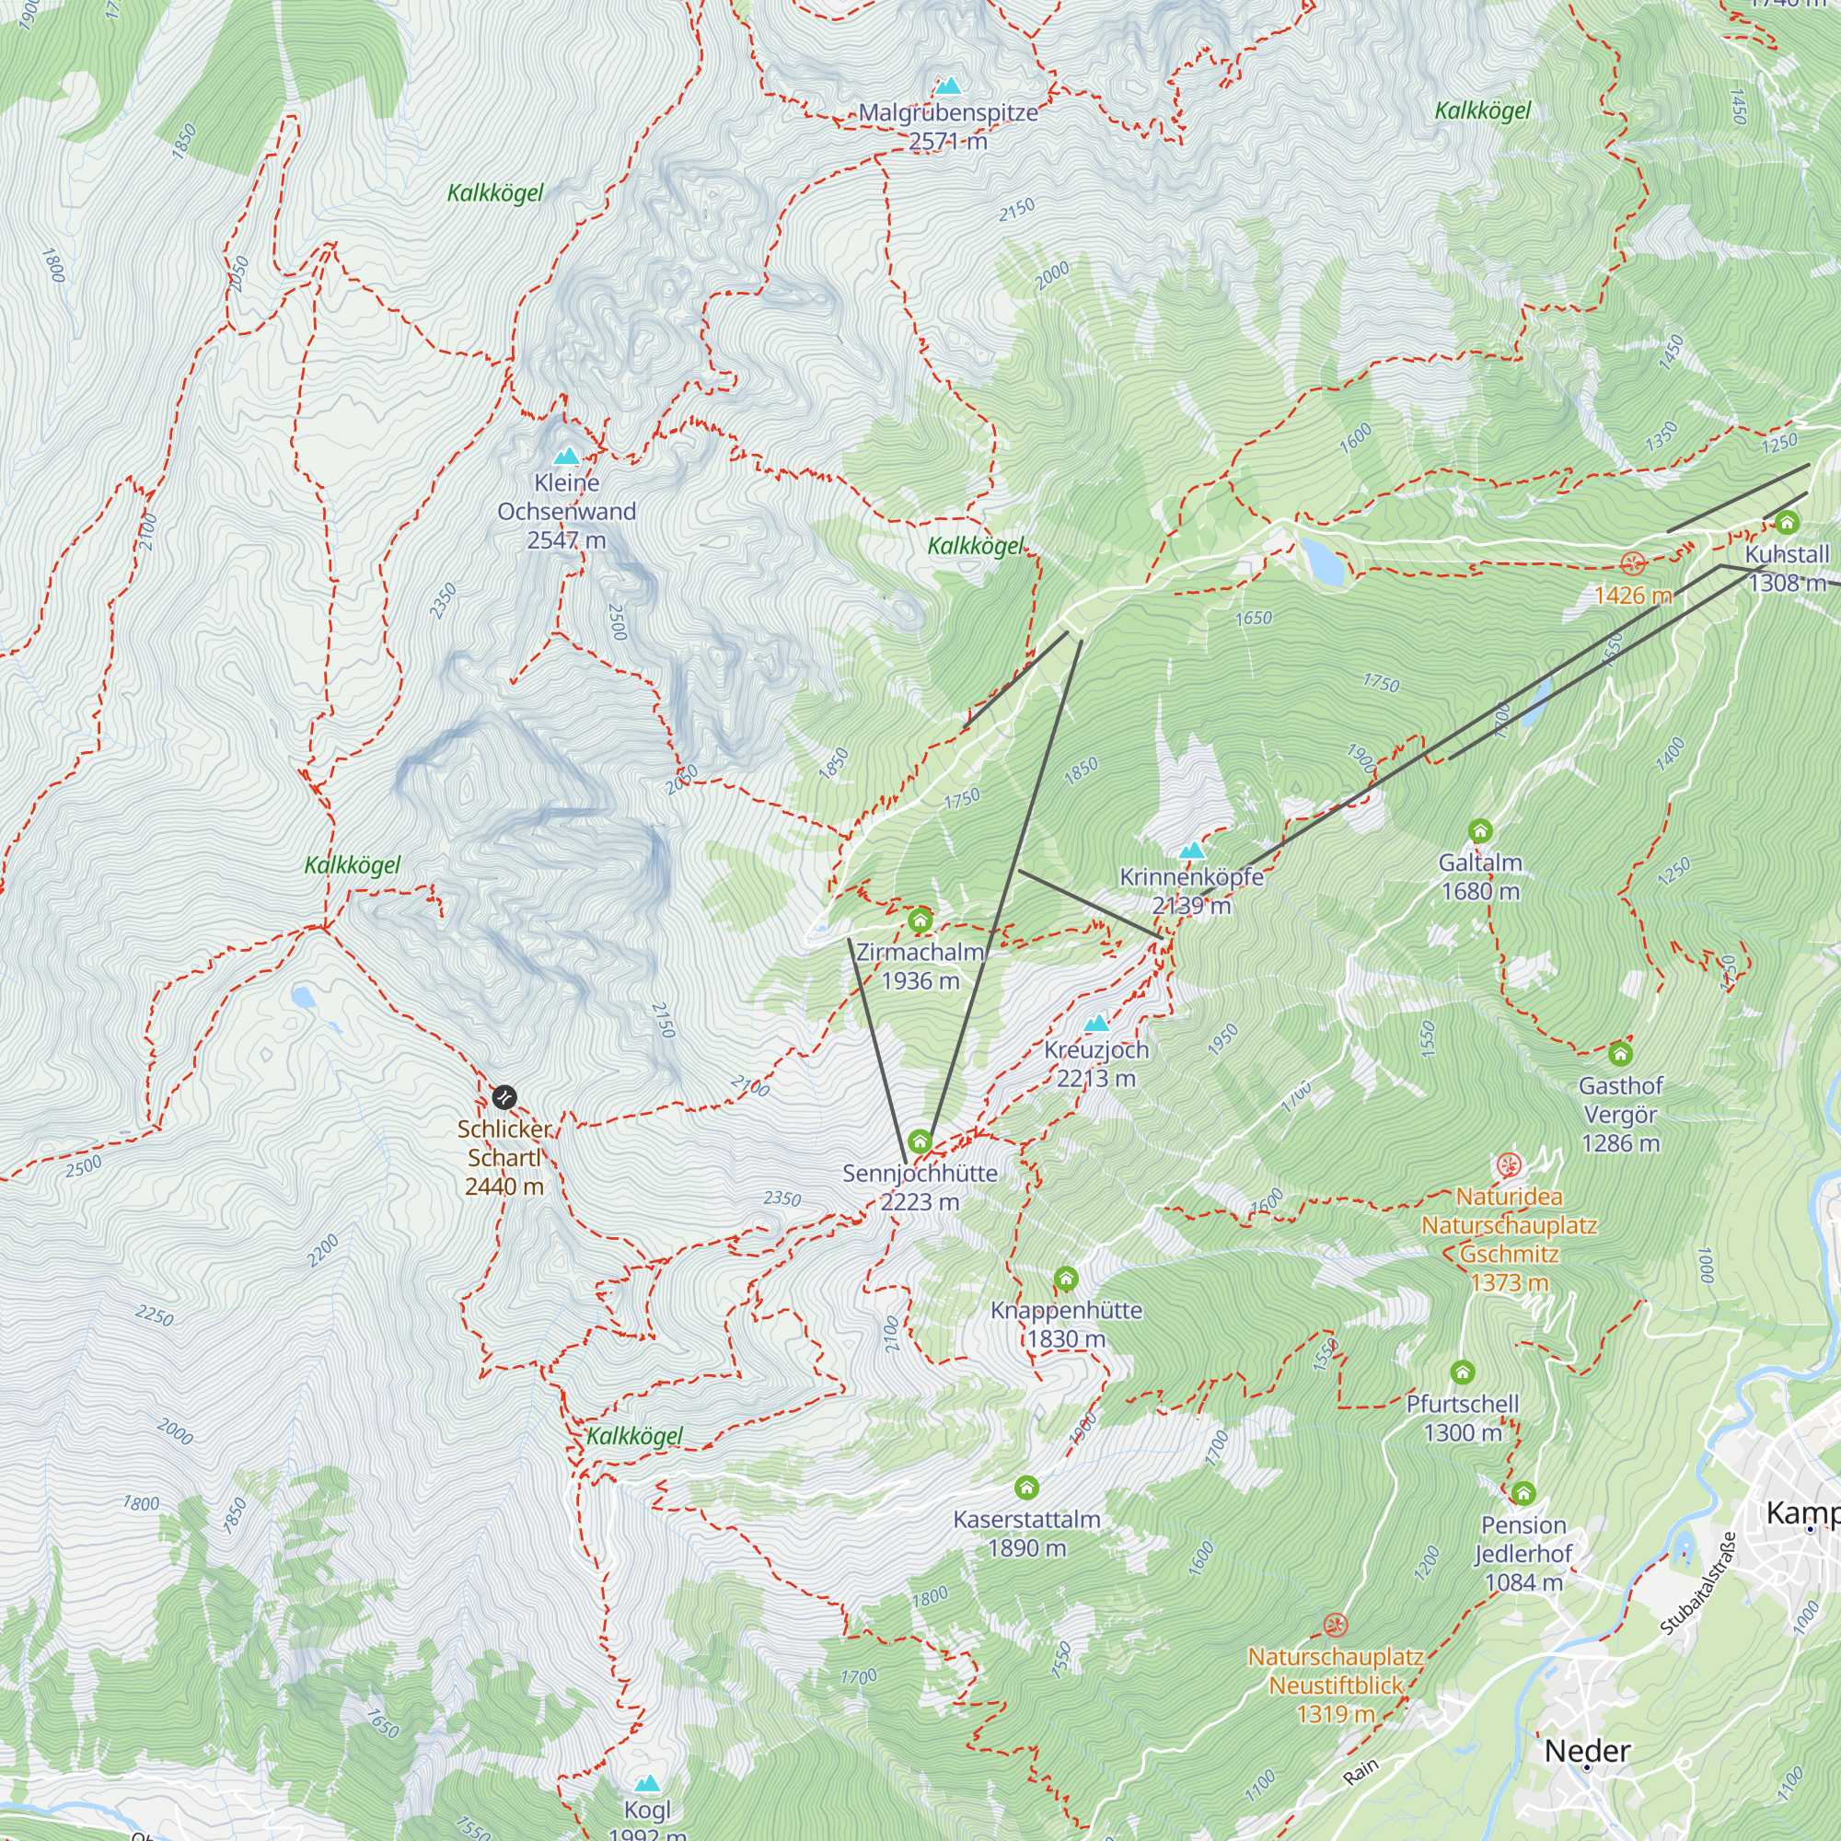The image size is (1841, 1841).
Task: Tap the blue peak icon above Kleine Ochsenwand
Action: [567, 456]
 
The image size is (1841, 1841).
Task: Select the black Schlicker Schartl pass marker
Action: [504, 1097]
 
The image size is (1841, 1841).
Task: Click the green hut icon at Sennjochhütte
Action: [920, 1140]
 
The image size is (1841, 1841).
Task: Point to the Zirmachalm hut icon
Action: [920, 920]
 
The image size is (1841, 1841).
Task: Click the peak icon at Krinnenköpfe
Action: [1191, 850]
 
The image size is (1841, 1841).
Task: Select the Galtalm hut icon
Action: [1480, 830]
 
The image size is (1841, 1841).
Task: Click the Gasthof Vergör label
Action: [1620, 1113]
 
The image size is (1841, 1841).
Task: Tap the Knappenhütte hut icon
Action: [1066, 1278]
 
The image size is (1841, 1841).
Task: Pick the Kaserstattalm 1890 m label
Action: [1026, 1533]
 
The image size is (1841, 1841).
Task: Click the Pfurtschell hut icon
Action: [1463, 1372]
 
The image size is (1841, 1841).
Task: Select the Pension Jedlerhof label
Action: [1523, 1552]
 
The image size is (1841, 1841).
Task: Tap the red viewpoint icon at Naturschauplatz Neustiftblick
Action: [1335, 1624]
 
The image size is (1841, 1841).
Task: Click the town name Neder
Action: [1587, 1751]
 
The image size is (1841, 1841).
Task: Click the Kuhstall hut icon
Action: [1787, 522]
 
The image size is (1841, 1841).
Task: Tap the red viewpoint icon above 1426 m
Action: [1633, 563]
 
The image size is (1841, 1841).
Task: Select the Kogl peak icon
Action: [648, 1783]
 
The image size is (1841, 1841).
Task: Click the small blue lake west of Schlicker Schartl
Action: [303, 998]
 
